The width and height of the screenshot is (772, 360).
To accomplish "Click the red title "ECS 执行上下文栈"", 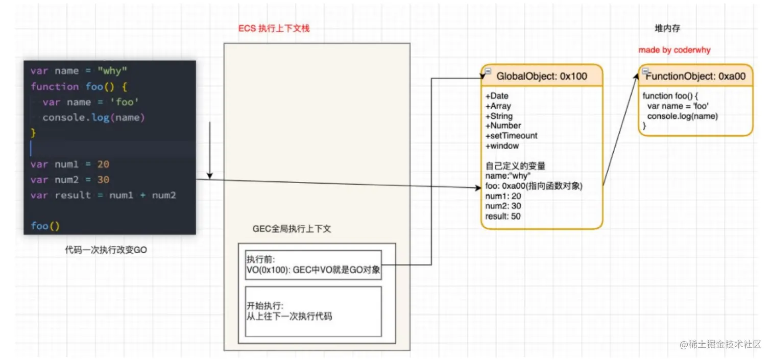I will pos(274,28).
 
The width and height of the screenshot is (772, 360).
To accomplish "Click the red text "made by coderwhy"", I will pos(674,50).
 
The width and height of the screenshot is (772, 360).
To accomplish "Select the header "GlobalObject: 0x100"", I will pos(542,77).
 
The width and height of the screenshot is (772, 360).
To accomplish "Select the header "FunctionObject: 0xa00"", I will pos(695,77).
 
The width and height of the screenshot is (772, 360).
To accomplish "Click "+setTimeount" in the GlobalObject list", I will pos(512,136).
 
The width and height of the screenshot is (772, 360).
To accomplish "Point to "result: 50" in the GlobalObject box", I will pos(503,216).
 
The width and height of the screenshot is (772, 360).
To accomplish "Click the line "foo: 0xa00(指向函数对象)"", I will pos(534,186).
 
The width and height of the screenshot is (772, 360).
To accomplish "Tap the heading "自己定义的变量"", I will pos(515,166).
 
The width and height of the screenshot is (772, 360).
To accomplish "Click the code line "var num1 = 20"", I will pos(70,164).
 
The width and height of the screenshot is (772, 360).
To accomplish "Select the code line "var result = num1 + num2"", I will pos(103,195).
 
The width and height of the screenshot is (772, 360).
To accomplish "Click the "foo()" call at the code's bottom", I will pos(45,226).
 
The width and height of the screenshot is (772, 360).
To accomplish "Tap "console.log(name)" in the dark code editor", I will pos(94,117).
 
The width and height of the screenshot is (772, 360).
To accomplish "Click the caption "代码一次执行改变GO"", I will pos(106,250).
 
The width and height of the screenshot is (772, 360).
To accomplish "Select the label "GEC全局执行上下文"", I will pos(292,229).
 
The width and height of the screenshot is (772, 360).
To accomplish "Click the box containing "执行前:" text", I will pos(313,265).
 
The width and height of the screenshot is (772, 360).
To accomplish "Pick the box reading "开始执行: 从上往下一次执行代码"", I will pos(313,311).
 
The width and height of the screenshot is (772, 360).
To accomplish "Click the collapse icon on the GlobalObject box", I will pos(488,71).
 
